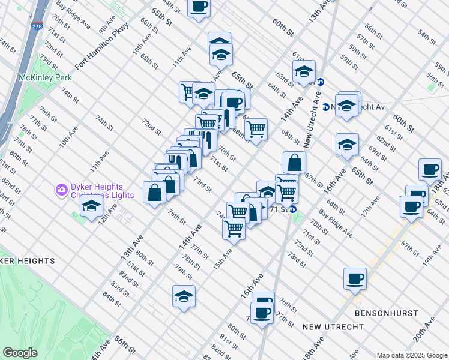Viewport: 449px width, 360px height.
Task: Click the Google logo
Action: point(20,353)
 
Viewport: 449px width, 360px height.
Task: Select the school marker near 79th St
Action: point(184,296)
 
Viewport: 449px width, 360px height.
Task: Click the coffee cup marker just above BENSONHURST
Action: point(355,278)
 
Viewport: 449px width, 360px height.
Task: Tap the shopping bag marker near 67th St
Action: point(295,162)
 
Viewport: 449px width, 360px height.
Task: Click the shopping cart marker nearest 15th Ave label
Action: point(234,227)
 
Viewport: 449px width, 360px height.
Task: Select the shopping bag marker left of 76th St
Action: point(154,192)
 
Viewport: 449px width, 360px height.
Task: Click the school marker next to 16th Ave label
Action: point(347,145)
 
